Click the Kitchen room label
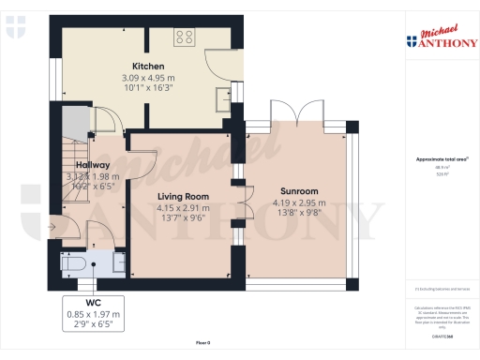pos(148,66)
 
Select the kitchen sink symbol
pos(221,97)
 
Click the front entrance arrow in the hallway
pos(50,228)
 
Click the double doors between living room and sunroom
pos(245,202)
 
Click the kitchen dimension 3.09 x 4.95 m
pos(148,77)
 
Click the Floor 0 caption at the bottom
pos(204,344)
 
